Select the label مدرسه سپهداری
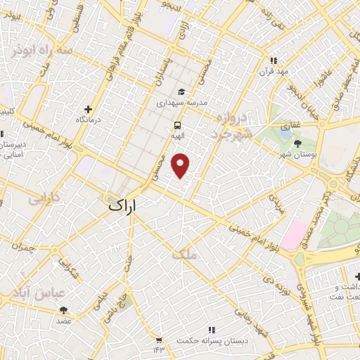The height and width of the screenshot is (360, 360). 182,103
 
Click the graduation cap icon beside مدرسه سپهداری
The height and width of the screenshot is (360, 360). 182,91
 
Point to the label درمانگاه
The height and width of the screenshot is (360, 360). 89,120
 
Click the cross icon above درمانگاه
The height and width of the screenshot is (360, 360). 88,109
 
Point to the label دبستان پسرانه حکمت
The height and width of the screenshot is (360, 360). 213,340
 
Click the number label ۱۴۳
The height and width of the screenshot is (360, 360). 158,349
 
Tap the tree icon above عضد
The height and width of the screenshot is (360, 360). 64,310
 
